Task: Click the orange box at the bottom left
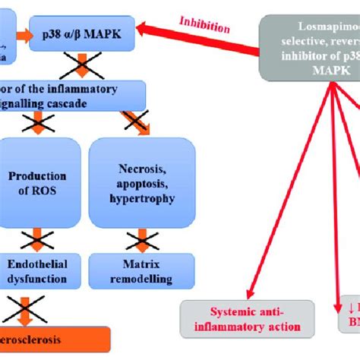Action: [x=53, y=339]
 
